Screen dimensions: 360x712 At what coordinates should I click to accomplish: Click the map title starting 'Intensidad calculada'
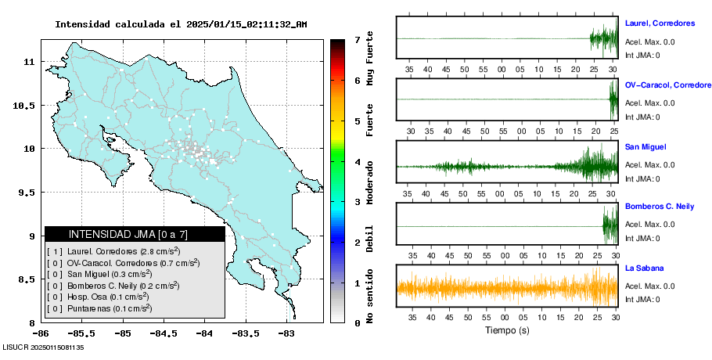(181, 24)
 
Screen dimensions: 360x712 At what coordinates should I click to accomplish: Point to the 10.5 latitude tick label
(26, 105)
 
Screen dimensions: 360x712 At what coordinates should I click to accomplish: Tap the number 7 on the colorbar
(357, 39)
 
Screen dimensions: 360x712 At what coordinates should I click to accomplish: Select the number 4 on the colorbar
(357, 162)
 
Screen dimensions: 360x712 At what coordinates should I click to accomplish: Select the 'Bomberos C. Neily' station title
(660, 207)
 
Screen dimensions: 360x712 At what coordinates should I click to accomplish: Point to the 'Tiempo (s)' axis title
(507, 330)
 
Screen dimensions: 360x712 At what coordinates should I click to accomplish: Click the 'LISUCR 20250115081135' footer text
(43, 346)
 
